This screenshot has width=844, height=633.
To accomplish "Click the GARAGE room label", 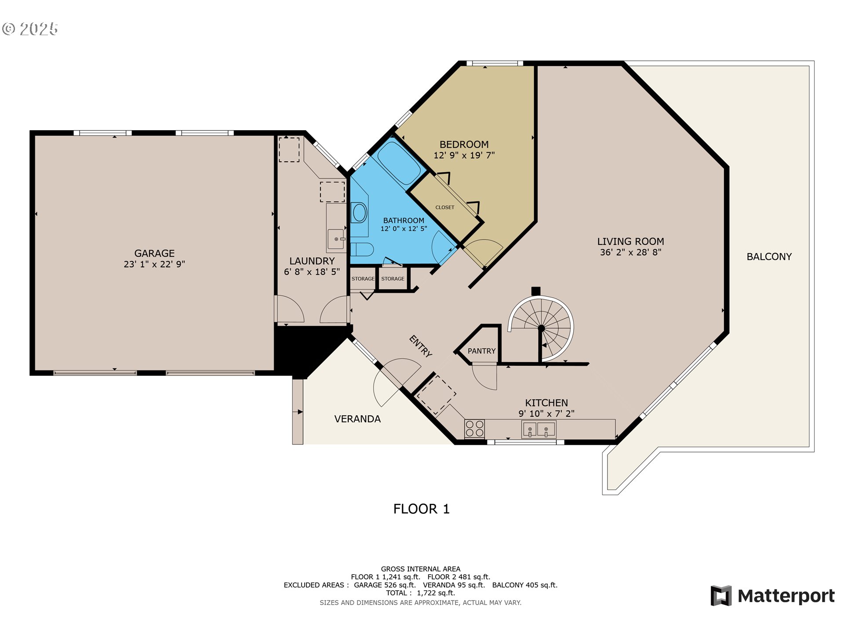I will coord(154,253).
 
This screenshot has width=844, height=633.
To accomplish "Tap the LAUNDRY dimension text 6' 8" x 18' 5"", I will coord(312,272).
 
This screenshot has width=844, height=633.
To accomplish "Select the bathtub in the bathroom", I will coord(399,163).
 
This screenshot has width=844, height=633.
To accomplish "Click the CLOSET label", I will coord(445,207).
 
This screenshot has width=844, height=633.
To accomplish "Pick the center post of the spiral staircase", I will coord(542,328).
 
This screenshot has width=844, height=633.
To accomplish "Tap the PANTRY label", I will coord(481,351).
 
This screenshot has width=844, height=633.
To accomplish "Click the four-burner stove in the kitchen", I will coord(475,429).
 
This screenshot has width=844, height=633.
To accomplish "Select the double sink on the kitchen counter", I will coord(538,429).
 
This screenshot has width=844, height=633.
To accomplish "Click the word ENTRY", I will coord(421,346).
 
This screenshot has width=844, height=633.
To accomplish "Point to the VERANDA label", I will coord(357,419).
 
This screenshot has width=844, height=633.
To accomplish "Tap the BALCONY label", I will coord(769,257).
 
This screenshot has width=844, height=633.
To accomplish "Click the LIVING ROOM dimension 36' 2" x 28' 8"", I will coord(630,252).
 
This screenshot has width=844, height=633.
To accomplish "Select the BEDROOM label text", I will coord(464,145).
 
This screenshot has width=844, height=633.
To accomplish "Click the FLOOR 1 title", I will coord(421,509).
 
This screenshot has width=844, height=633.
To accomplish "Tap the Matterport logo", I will coord(772,596).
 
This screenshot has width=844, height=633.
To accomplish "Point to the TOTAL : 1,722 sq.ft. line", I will coord(420,593).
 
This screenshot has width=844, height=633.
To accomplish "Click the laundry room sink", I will coord(336,239).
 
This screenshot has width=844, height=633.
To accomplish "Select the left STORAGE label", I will coord(363,279).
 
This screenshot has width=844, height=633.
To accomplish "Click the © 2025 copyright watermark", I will coord(30,29).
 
